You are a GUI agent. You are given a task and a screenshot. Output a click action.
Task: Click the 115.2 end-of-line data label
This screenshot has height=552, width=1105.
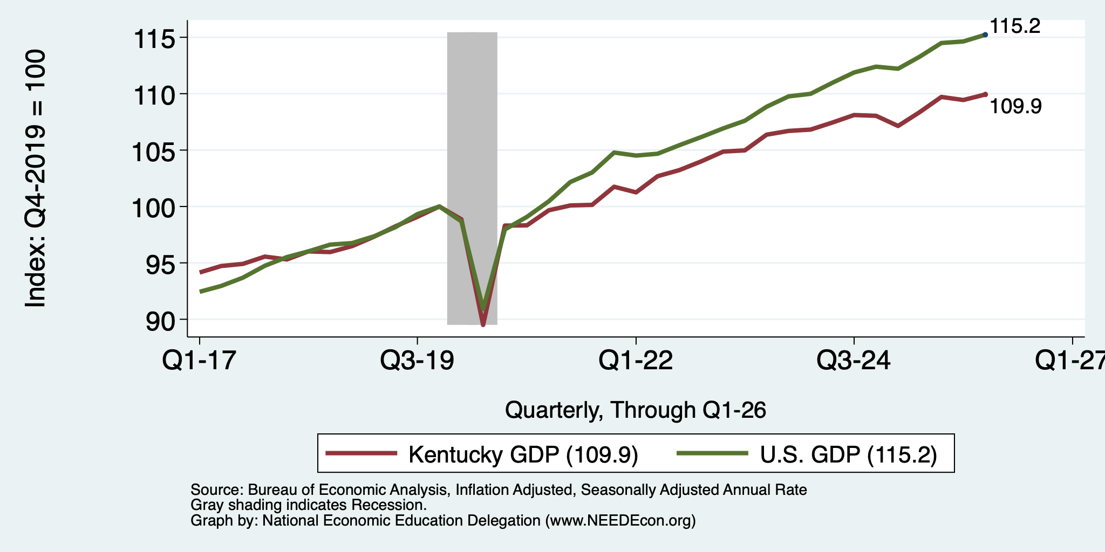coord(1015,26)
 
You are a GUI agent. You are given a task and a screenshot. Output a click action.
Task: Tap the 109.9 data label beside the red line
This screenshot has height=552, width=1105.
coord(1015,107)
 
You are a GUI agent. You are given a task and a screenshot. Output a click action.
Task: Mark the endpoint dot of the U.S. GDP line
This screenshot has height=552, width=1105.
coord(985,34)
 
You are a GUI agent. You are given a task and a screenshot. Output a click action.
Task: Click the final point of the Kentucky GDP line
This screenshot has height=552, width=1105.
coord(985,94)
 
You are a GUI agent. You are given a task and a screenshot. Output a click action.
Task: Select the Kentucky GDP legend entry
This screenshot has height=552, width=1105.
coord(482,454)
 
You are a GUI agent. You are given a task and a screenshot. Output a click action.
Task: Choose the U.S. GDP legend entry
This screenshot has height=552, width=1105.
coord(807,454)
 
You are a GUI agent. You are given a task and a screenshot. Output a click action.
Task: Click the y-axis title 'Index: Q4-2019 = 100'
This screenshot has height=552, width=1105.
coord(36,178)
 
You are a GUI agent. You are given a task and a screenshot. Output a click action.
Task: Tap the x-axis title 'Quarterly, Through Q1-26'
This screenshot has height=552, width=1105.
coord(636,411)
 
